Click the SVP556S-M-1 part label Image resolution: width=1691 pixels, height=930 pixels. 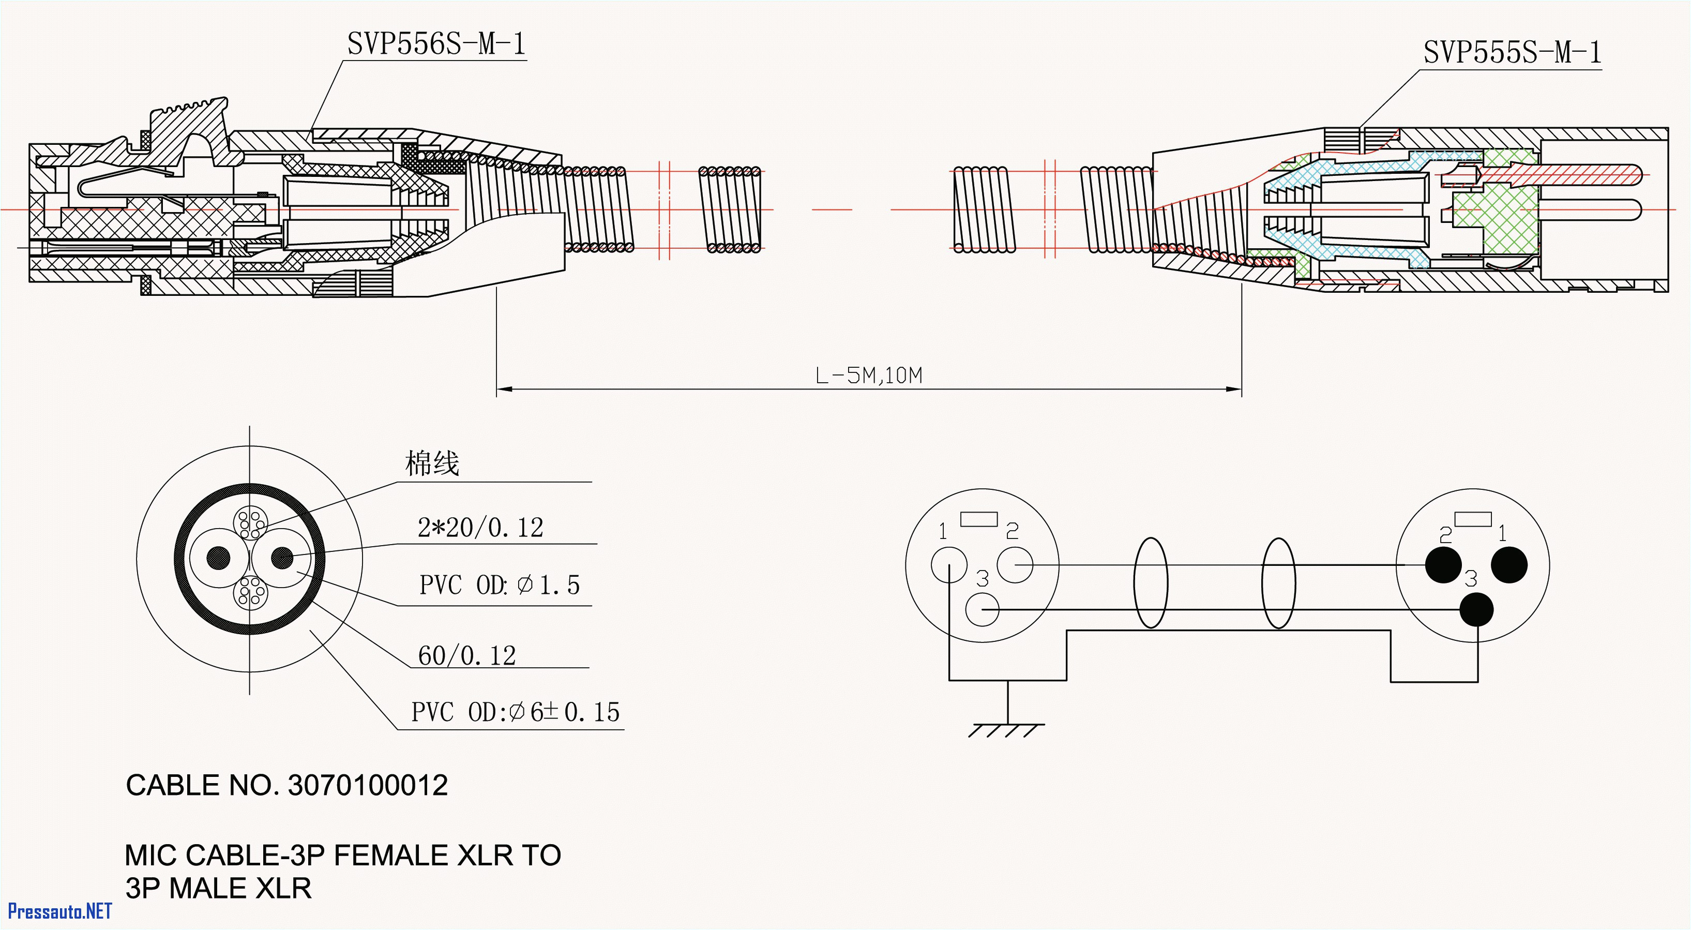436,44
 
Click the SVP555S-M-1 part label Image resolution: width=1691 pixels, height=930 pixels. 1512,53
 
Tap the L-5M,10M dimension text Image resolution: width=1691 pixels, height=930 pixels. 868,376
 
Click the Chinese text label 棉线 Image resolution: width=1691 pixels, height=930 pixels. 431,463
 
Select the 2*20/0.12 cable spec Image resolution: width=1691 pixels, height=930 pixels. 480,528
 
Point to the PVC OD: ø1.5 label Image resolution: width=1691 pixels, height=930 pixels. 499,585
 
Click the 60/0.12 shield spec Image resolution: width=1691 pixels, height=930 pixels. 467,655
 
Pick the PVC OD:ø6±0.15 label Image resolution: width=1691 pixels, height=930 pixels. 515,712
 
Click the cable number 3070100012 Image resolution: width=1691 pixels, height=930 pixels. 368,786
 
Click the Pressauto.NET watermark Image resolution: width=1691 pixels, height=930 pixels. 60,911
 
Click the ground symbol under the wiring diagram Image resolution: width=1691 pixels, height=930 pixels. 1007,728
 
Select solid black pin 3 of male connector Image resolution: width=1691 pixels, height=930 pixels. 1476,610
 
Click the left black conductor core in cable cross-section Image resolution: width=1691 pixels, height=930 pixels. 219,558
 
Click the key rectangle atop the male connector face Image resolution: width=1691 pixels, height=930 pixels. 1472,519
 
